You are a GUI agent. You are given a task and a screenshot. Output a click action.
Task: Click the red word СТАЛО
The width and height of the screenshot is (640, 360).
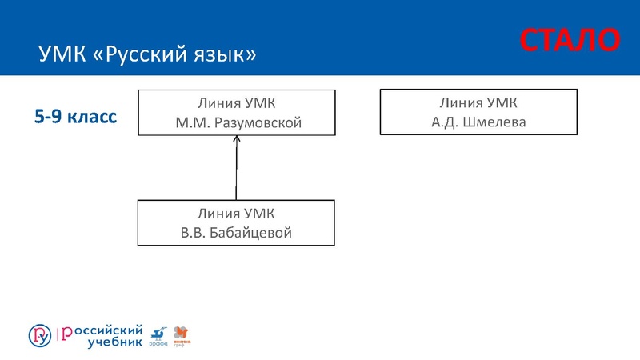pyautogui.click(x=570, y=40)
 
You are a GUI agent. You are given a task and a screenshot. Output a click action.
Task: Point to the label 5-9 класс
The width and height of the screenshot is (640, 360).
pyautogui.click(x=75, y=117)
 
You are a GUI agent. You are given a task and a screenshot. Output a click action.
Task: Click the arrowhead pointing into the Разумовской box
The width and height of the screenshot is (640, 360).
pyautogui.click(x=236, y=140)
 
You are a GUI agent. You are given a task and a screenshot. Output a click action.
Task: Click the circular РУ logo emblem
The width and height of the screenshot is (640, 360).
pyautogui.click(x=39, y=336)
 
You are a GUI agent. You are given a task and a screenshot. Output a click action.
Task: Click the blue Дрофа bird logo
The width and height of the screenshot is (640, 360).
pyautogui.click(x=158, y=335)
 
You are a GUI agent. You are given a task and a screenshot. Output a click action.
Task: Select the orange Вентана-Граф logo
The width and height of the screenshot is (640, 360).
pyautogui.click(x=182, y=335)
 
